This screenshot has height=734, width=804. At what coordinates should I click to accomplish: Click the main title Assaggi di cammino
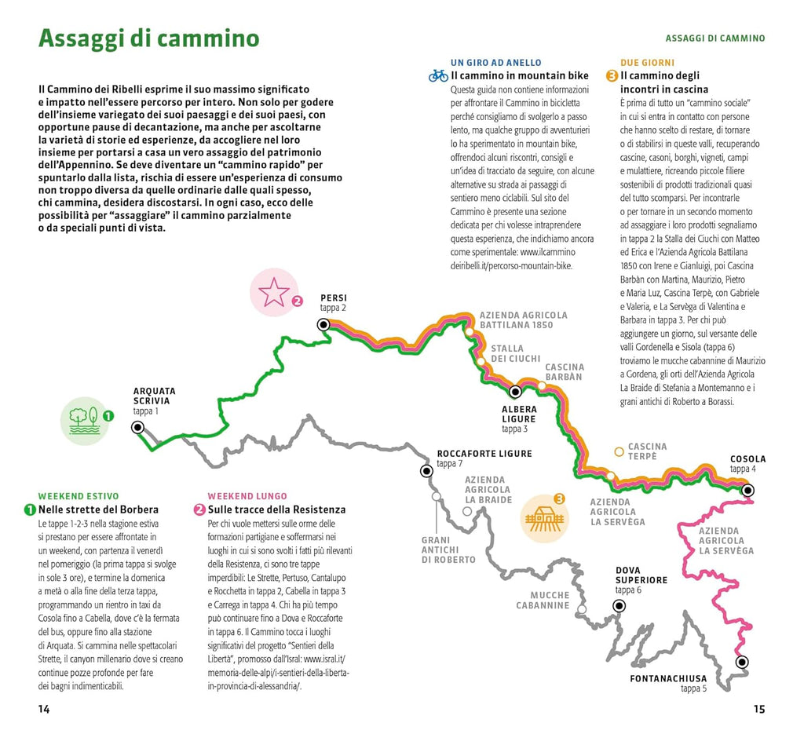(148, 38)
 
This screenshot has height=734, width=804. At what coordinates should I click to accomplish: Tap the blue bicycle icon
(438, 76)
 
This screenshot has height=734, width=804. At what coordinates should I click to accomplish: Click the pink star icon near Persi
(274, 292)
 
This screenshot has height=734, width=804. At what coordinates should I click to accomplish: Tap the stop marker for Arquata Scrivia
(138, 427)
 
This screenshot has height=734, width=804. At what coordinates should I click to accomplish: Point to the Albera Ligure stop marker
(516, 392)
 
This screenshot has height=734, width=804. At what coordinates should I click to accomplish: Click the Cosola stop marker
(747, 490)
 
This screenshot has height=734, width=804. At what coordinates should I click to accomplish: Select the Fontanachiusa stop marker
(741, 662)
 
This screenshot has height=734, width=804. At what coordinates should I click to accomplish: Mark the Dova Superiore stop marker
(619, 605)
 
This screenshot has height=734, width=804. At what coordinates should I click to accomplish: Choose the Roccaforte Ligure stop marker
(426, 471)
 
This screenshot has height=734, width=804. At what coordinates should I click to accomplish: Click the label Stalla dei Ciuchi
(515, 353)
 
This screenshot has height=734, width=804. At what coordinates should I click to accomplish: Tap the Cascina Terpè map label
(647, 451)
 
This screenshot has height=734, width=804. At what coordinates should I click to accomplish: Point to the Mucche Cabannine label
(543, 601)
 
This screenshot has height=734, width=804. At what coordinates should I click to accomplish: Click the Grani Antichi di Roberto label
(448, 550)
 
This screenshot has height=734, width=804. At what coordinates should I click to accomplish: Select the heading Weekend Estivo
(79, 496)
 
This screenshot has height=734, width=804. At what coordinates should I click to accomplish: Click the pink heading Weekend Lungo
(242, 496)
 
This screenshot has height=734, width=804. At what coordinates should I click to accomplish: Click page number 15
(758, 709)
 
